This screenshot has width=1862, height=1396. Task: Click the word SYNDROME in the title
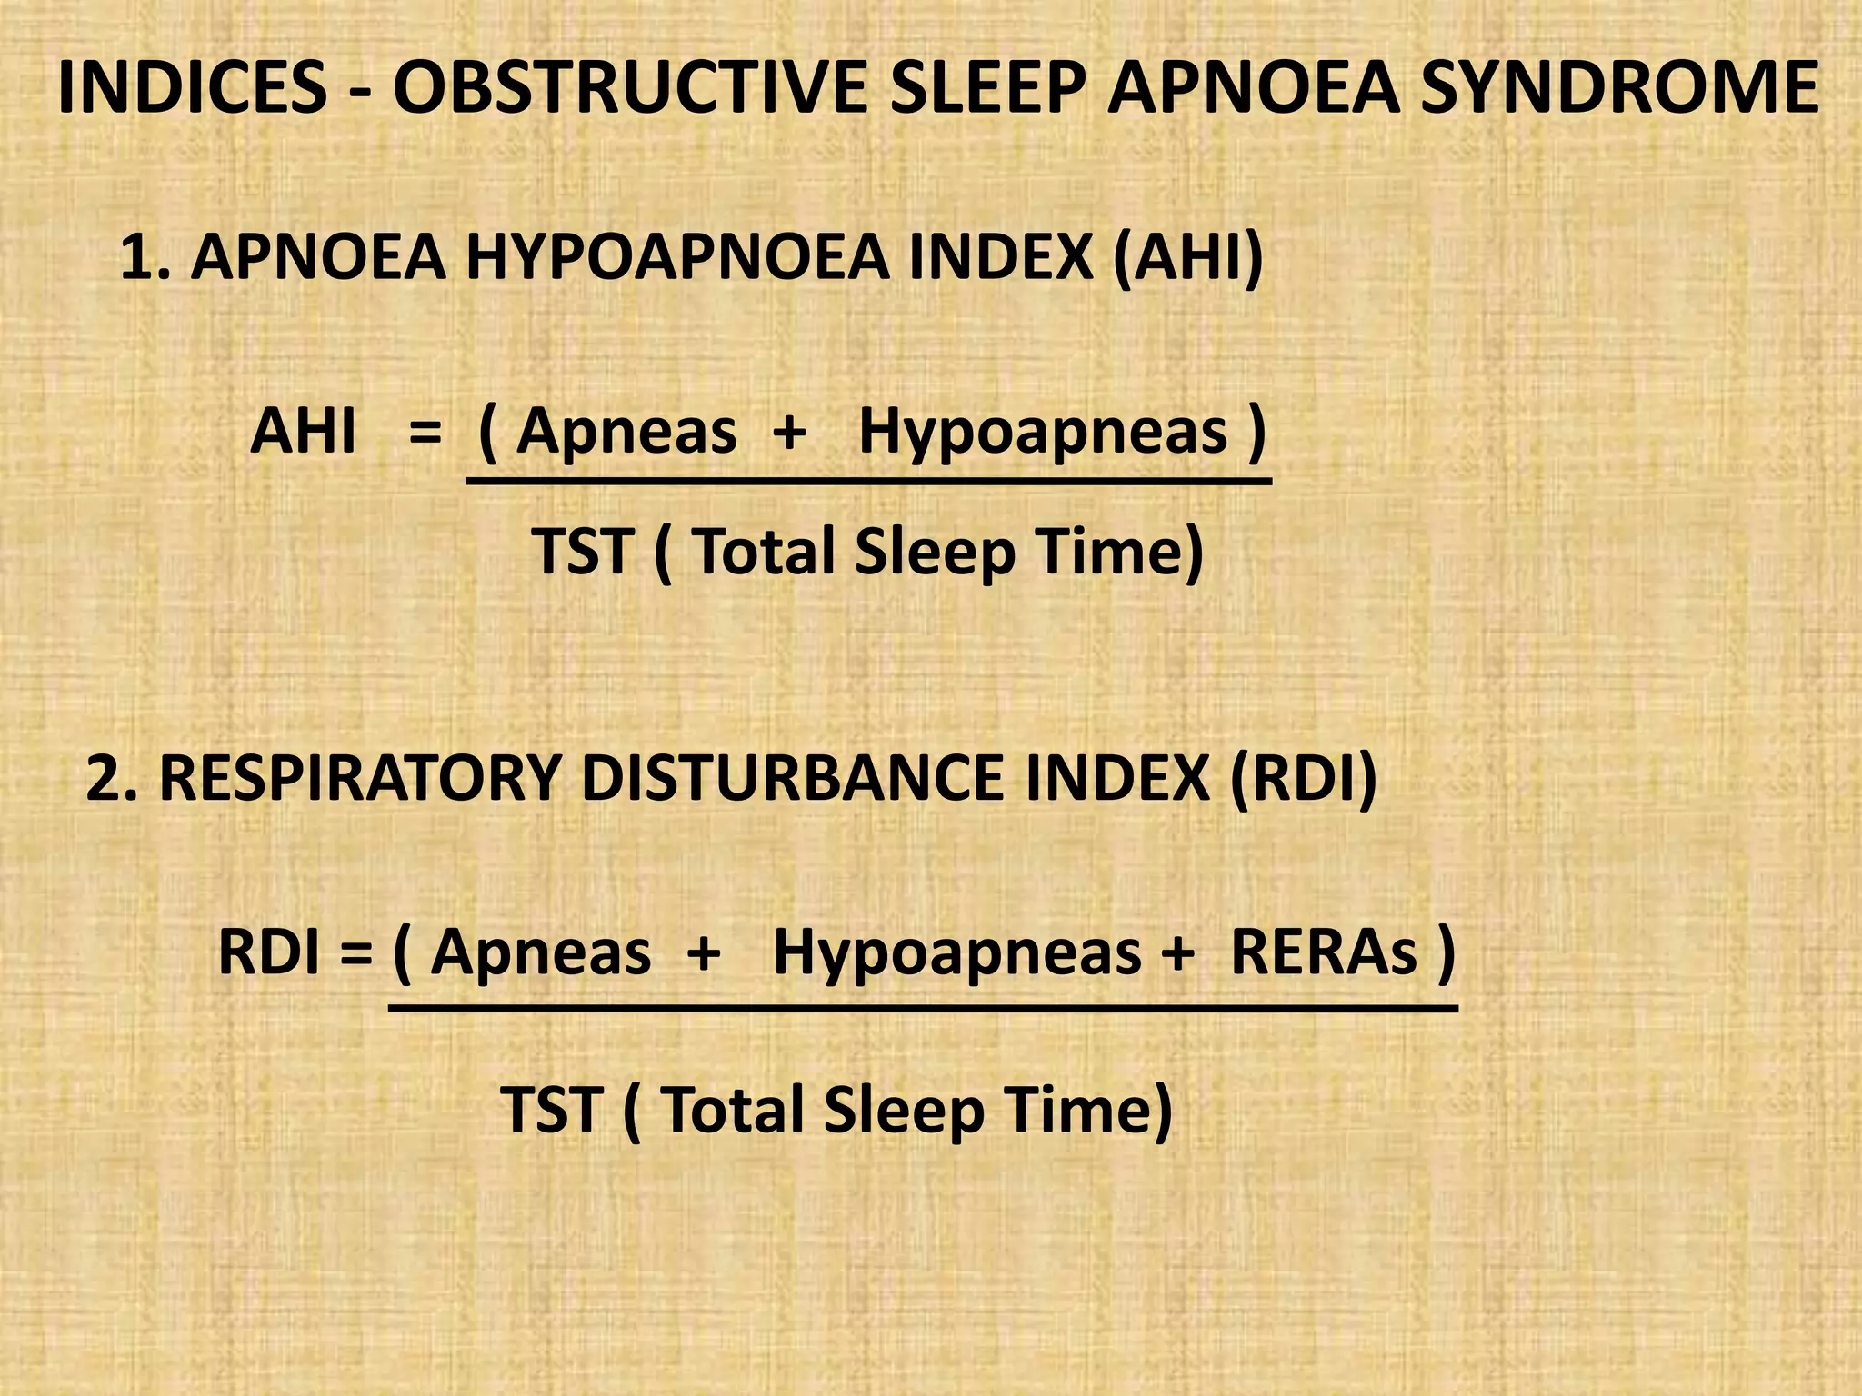[x=1619, y=88]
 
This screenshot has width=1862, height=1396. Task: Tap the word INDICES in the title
[x=191, y=88]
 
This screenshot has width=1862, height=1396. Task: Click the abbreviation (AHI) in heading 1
[x=1187, y=258]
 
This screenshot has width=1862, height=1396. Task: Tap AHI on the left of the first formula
[x=303, y=431]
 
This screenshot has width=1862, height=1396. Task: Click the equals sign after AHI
[x=425, y=433]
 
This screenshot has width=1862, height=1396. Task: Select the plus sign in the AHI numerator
[x=789, y=433]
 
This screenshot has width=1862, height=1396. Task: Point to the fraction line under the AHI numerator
[x=868, y=481]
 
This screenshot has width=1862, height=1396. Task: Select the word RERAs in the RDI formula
[x=1323, y=953]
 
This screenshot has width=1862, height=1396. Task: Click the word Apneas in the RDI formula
[x=541, y=955]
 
